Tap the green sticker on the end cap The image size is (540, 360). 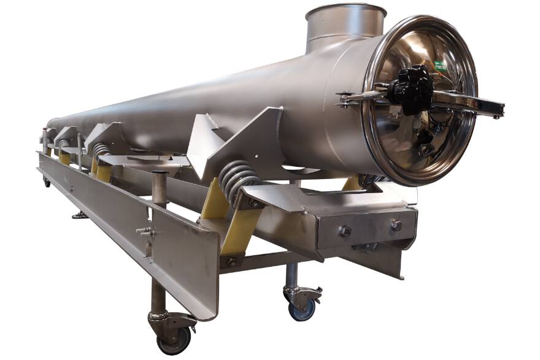click(x=440, y=66)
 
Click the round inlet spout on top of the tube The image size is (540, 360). click(x=345, y=25)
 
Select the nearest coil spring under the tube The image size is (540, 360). click(x=238, y=178)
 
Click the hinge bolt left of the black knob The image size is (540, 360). click(x=345, y=98)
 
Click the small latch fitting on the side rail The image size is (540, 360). click(x=145, y=232)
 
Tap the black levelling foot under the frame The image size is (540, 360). click(x=79, y=215)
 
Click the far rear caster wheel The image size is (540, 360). click(x=47, y=182)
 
